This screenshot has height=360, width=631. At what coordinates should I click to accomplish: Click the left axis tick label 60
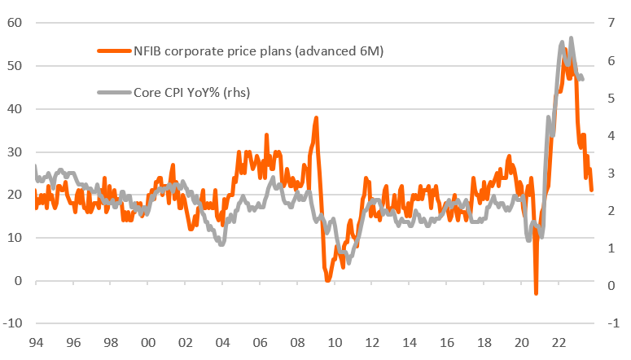tap(15, 22)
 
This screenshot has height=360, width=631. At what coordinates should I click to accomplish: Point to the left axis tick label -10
tap(12, 323)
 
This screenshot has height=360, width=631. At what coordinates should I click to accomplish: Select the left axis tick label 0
tap(18, 280)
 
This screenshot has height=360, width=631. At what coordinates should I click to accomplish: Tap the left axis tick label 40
tap(15, 108)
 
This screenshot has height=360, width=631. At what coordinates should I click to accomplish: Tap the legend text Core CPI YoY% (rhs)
tap(192, 92)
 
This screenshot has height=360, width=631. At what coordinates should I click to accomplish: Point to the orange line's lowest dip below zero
tap(536, 293)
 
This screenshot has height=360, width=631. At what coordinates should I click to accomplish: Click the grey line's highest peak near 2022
tap(571, 37)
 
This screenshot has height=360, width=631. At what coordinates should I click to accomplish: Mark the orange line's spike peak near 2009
tap(316, 117)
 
